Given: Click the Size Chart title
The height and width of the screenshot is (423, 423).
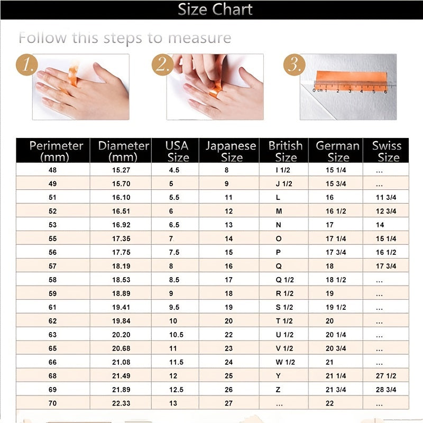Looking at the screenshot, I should [215, 10].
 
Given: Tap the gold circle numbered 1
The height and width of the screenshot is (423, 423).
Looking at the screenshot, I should [28, 66].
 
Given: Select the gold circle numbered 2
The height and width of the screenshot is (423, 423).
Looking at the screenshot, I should [162, 66].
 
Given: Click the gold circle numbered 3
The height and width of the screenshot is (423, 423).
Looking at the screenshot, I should [294, 66].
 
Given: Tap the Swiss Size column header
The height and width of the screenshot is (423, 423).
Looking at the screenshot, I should [387, 151].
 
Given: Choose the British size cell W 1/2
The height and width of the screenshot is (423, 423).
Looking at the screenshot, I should [286, 362].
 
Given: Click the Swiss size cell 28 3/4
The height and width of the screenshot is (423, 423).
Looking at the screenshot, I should [386, 390].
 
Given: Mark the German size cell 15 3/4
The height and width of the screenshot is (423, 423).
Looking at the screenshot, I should [336, 184].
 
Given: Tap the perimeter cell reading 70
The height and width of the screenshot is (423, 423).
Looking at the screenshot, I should [52, 403].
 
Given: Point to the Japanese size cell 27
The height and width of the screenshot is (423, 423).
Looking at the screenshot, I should [228, 403].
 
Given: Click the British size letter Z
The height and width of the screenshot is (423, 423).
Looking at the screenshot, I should [278, 390].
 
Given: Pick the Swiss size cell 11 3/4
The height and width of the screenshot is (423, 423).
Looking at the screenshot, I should [386, 197].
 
